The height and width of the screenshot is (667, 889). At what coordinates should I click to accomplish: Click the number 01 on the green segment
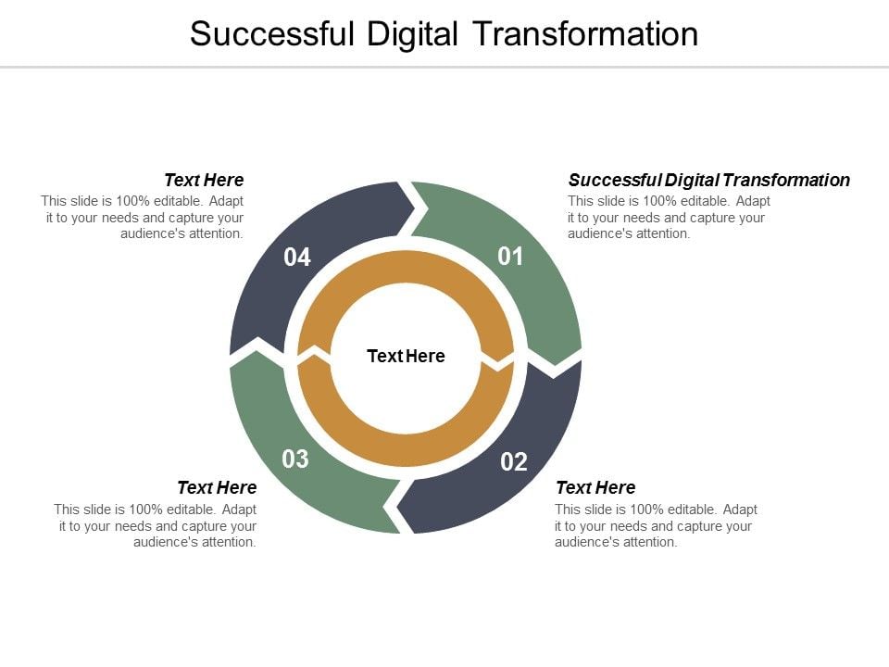(x=510, y=257)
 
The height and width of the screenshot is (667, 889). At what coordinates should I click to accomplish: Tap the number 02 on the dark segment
(x=514, y=461)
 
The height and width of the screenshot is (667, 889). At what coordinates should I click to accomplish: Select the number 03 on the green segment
(x=295, y=459)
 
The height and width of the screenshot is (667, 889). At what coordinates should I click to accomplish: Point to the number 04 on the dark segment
(x=297, y=257)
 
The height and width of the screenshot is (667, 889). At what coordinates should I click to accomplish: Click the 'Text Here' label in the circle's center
(x=406, y=356)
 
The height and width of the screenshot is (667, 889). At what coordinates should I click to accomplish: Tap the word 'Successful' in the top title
(x=273, y=34)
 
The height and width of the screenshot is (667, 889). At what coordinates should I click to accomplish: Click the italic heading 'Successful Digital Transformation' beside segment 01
(x=708, y=180)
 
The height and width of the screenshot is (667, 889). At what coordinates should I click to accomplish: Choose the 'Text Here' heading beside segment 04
(x=204, y=180)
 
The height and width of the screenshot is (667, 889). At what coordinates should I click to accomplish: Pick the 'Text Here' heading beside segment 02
(x=595, y=487)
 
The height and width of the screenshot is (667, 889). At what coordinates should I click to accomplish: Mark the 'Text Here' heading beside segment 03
(x=217, y=487)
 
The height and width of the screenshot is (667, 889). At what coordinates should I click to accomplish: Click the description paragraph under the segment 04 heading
(x=143, y=217)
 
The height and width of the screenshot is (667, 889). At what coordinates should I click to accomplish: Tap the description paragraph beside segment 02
(x=656, y=525)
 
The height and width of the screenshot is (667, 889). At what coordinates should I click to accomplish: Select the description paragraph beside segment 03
(x=156, y=525)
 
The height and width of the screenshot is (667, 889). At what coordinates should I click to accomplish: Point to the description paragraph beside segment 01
(x=669, y=217)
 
